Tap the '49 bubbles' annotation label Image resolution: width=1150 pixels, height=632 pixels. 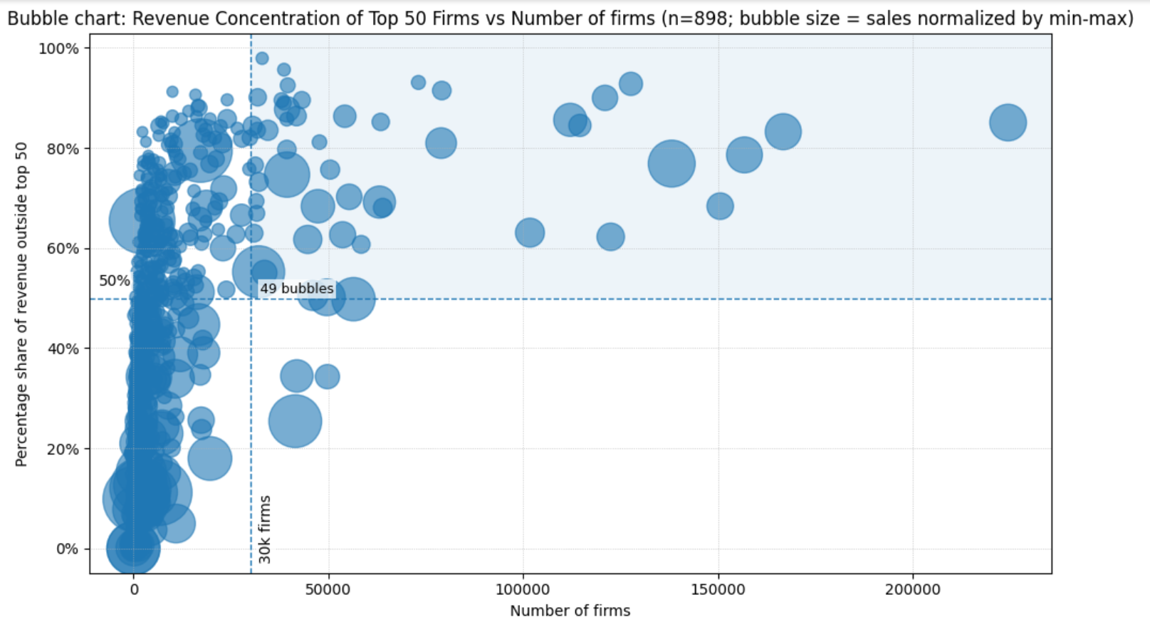296,289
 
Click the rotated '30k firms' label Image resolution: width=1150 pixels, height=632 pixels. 264,529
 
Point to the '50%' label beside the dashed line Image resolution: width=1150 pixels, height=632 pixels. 114,281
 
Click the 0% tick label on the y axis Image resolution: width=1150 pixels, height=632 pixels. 67,549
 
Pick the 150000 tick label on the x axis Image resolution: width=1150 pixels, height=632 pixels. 718,590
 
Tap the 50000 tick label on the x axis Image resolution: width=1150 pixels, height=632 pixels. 328,590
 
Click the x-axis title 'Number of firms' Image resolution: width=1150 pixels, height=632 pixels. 570,611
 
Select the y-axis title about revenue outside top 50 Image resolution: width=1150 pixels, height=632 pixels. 21,304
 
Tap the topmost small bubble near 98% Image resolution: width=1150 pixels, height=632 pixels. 262,58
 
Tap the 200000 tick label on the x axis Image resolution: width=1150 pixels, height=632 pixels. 913,590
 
